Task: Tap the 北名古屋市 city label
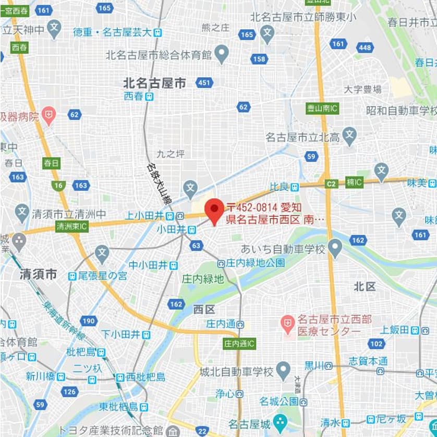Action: click(154, 82)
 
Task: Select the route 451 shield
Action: click(204, 82)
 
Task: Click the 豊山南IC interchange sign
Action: click(322, 108)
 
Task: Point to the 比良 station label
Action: click(284, 186)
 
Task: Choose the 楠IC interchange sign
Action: click(355, 182)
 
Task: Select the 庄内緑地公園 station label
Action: click(251, 263)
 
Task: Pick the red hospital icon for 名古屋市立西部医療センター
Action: click(286, 324)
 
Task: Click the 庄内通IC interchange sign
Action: click(239, 344)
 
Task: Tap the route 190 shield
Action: click(89, 321)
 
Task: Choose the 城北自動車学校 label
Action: click(236, 372)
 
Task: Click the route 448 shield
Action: click(366, 48)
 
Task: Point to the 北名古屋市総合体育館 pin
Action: click(222, 54)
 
